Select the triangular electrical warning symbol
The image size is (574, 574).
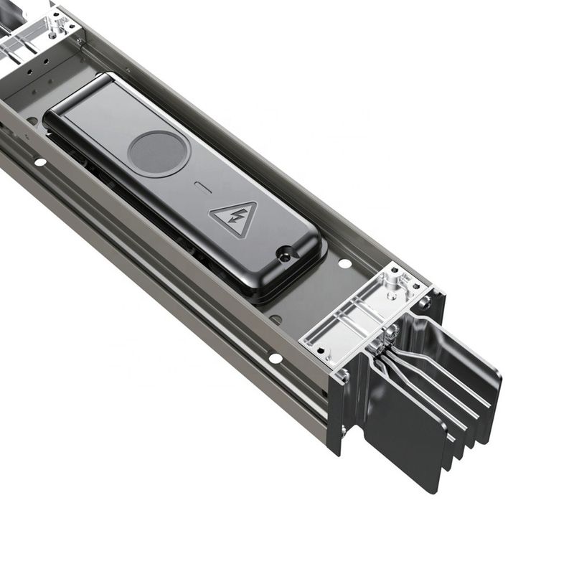(x=234, y=219)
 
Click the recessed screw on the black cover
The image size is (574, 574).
(x=286, y=253)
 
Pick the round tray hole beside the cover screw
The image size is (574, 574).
(x=345, y=263)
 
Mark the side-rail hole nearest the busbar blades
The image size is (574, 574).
(x=275, y=357)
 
